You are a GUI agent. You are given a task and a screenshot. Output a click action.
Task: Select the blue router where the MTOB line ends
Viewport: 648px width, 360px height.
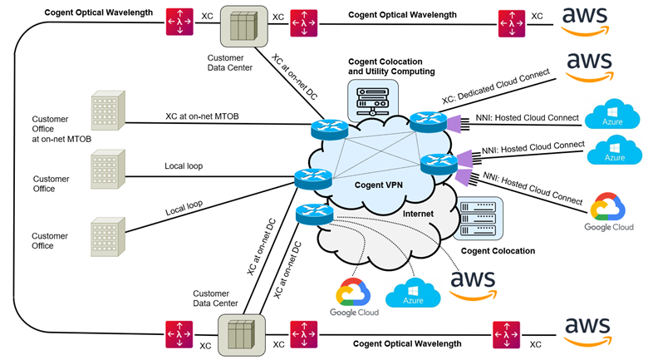coord(322,130)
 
